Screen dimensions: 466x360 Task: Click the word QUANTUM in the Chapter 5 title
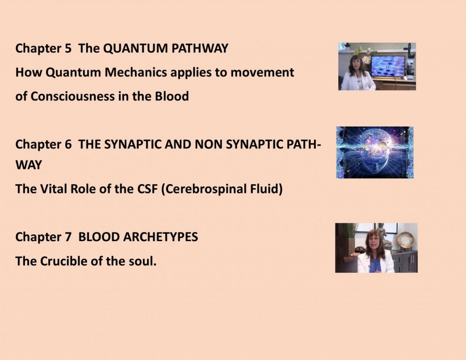click(x=136, y=49)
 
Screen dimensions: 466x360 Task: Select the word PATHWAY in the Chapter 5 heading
click(x=200, y=48)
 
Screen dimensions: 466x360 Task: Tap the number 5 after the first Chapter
click(x=68, y=48)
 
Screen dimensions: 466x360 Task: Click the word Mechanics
click(x=136, y=72)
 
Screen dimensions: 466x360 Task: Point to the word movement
click(x=262, y=73)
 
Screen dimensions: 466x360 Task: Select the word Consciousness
click(x=73, y=96)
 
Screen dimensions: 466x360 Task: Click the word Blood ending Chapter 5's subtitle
click(x=172, y=96)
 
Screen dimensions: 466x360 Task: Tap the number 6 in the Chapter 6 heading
click(x=68, y=144)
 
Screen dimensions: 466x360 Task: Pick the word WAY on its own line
click(x=29, y=165)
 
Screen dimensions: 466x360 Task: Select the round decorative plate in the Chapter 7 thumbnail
click(x=405, y=240)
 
